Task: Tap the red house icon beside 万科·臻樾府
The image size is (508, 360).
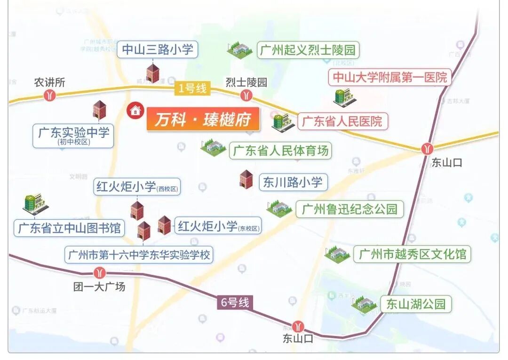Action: (x=135, y=111)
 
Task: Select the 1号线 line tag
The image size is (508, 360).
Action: (x=192, y=88)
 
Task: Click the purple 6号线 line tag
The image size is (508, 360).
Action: (x=235, y=302)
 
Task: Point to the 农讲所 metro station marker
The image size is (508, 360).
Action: (x=49, y=96)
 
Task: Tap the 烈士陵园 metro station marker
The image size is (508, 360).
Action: (x=246, y=96)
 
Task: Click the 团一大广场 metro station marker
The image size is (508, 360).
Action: (x=99, y=272)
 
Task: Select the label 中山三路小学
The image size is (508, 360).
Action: (x=158, y=49)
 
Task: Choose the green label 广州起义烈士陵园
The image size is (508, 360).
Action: (x=308, y=50)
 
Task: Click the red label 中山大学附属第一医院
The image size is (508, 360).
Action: (x=390, y=77)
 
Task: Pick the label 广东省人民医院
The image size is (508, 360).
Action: (x=342, y=121)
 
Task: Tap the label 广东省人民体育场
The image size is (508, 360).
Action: (x=281, y=151)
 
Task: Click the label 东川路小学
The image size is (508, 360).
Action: (x=293, y=182)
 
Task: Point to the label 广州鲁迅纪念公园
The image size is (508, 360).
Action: (x=349, y=209)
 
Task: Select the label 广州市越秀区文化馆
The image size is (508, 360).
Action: (x=412, y=255)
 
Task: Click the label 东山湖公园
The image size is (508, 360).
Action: (x=415, y=304)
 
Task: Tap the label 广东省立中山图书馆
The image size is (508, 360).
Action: (x=69, y=229)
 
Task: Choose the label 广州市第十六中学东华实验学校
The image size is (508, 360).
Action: (x=139, y=255)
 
